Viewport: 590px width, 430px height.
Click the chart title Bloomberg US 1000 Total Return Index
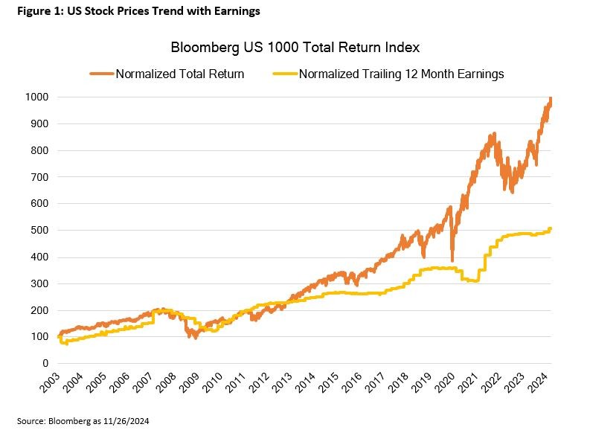click(295, 48)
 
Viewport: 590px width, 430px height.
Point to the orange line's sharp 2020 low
click(452, 260)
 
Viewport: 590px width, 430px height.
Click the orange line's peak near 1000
click(551, 99)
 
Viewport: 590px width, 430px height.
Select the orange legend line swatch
click(102, 74)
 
